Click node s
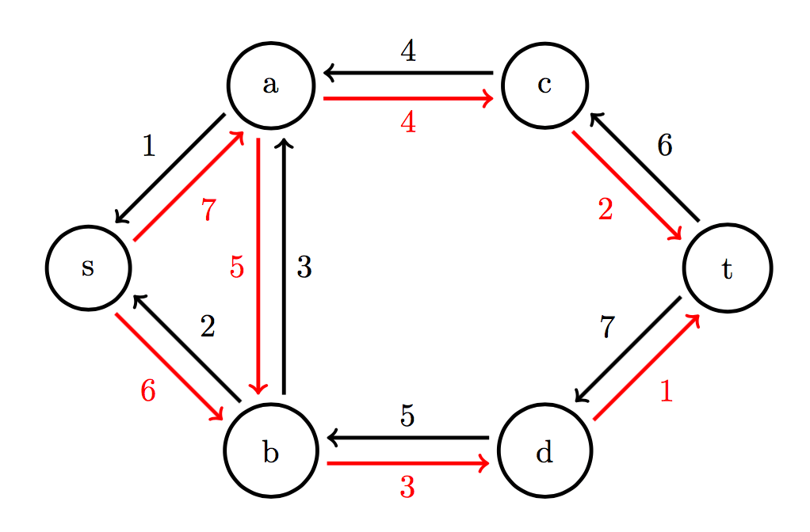pos(88,268)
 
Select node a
pos(271,85)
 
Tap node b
pos(271,450)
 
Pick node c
pos(544,85)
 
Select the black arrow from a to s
pos(170,169)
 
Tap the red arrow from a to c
pos(408,99)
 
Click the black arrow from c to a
pos(408,74)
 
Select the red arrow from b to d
pos(408,463)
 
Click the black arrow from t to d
pos(628,349)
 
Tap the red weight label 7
pos(208,211)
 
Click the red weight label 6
pos(148,390)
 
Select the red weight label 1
pos(666,392)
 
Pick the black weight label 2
pos(208,326)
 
